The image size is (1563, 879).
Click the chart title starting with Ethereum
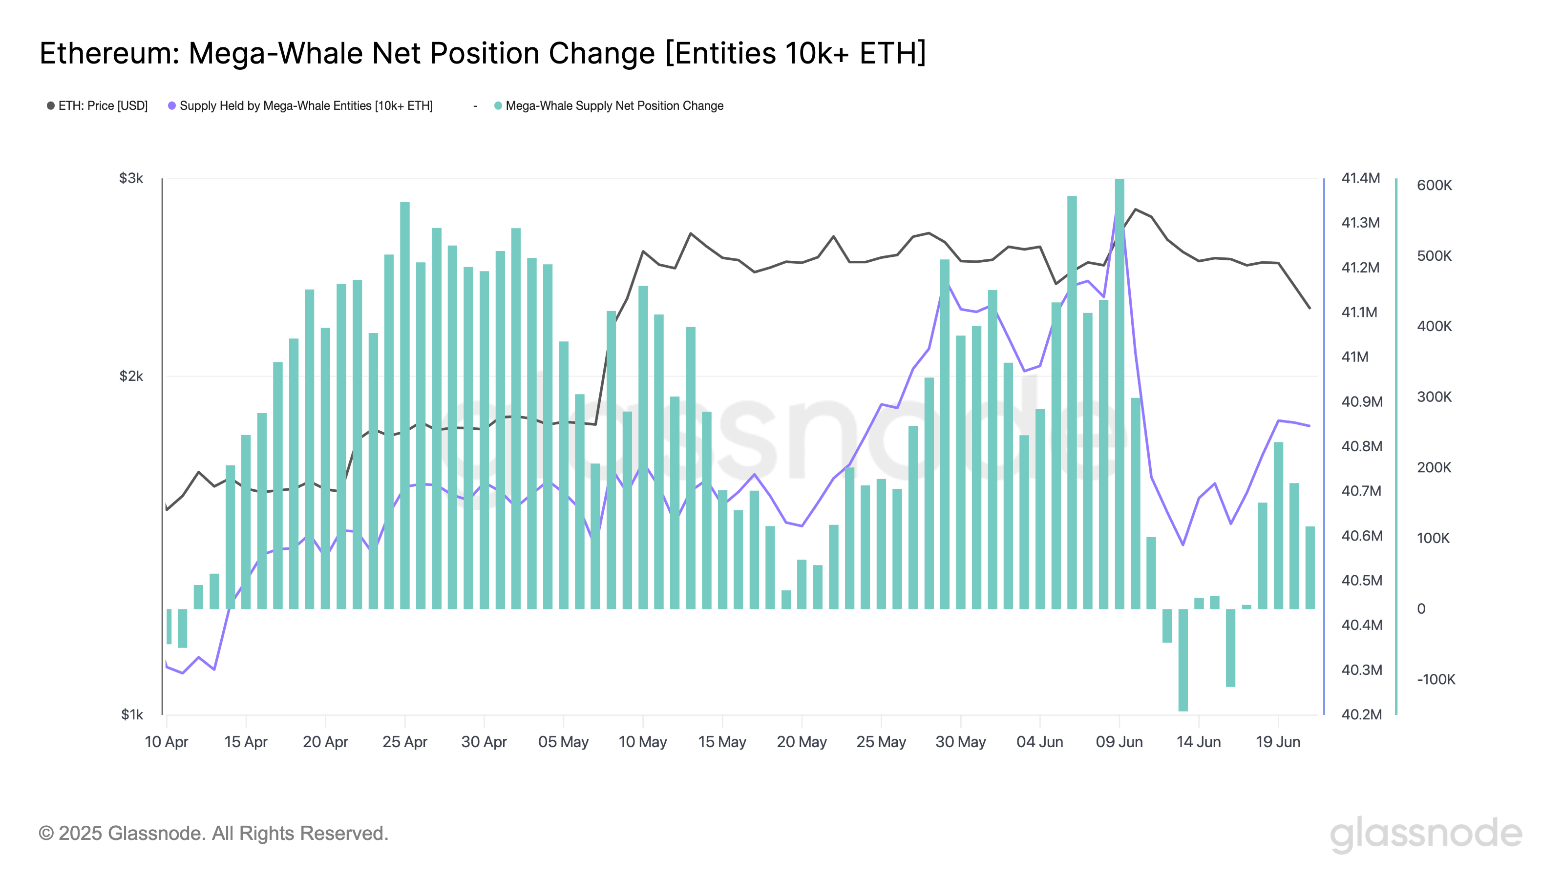(x=483, y=53)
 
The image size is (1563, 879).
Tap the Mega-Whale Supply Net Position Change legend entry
(x=609, y=105)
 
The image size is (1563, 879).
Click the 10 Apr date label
(x=166, y=742)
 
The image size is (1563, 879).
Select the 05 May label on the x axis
(x=563, y=742)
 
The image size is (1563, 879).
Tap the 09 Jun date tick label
(x=1119, y=742)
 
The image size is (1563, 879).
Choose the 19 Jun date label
(x=1278, y=742)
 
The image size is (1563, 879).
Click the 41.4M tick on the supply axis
(x=1360, y=178)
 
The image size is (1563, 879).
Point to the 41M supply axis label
(x=1355, y=356)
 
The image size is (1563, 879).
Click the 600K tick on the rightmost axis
(x=1435, y=185)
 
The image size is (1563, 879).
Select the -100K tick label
(x=1436, y=679)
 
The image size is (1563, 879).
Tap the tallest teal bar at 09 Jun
(x=1119, y=394)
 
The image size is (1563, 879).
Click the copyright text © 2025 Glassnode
(x=213, y=834)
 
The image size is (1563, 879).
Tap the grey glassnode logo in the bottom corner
(x=1426, y=834)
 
